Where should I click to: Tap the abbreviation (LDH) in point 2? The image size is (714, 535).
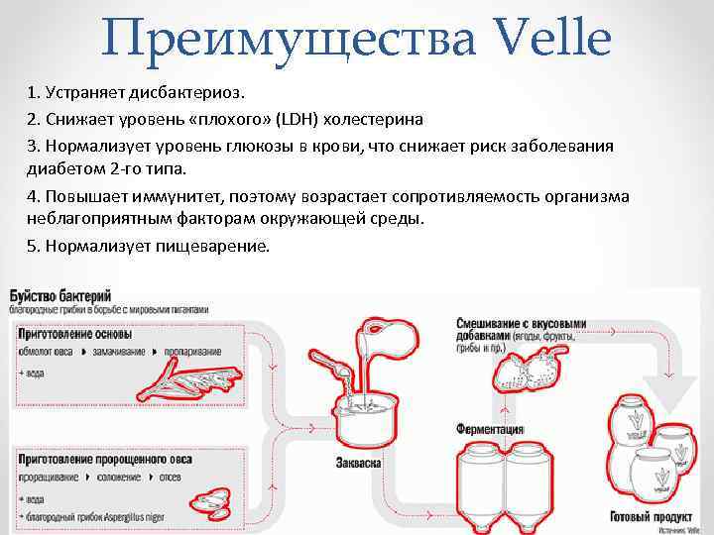(295, 119)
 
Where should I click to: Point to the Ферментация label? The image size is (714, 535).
(490, 430)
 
